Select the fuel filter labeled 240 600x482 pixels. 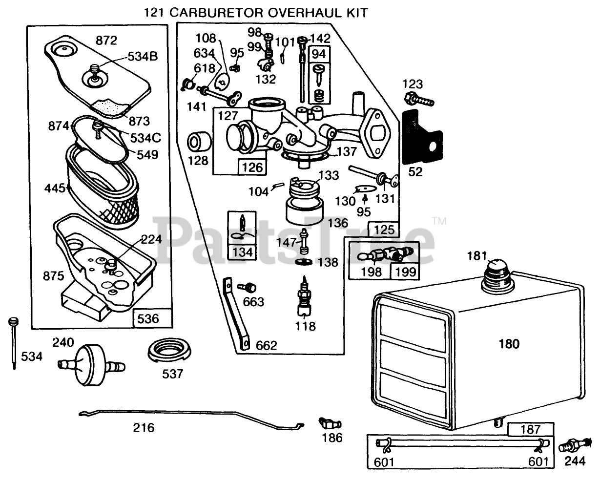(x=91, y=364)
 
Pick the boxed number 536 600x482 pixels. (x=148, y=318)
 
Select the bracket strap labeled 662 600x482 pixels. (x=238, y=315)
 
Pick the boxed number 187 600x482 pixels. (x=531, y=429)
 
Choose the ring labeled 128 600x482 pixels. (x=199, y=144)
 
